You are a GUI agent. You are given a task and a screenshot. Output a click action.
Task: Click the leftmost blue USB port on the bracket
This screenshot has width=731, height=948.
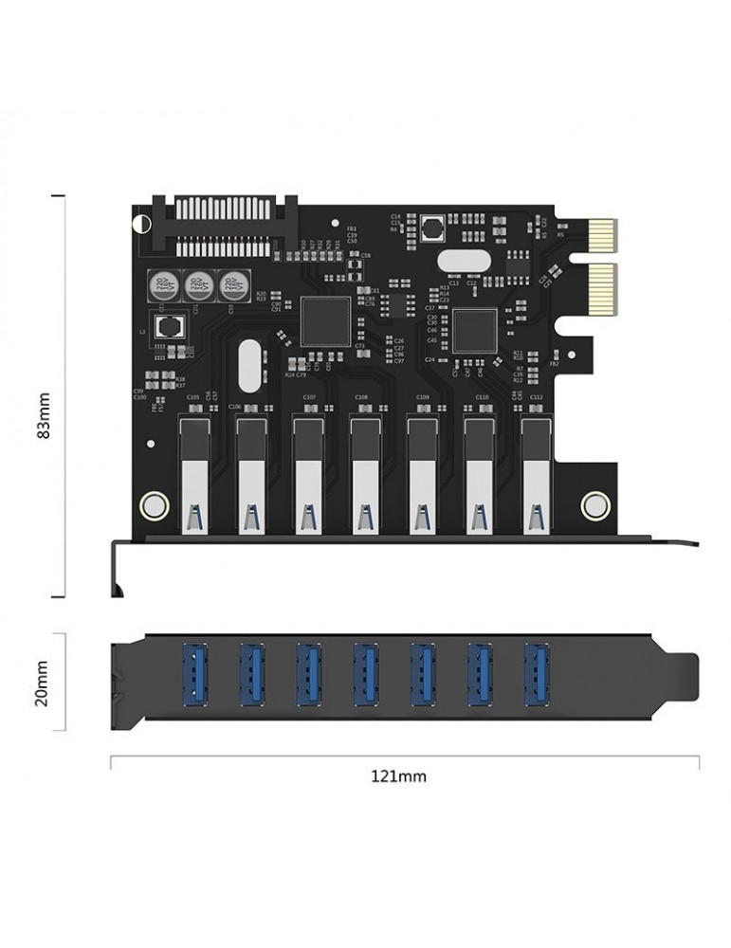(x=194, y=674)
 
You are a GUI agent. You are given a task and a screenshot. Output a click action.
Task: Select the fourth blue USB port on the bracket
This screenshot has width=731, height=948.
(x=365, y=674)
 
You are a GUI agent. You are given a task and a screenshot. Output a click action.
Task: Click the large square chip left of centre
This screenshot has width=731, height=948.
(x=325, y=321)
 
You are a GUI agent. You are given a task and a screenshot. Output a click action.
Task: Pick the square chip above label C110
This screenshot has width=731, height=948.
(x=474, y=331)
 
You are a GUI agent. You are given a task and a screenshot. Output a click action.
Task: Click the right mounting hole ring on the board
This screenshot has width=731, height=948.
(x=594, y=504)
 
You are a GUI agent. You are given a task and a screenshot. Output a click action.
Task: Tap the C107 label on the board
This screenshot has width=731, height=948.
(x=309, y=397)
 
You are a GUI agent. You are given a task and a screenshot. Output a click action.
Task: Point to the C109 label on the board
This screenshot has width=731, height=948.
(x=423, y=397)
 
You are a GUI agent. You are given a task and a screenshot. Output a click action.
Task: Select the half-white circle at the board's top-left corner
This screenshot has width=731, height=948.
(x=141, y=224)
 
